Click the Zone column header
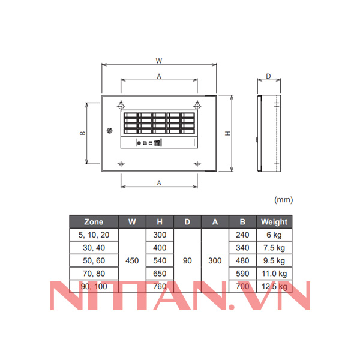tap(94, 221)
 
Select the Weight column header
tap(274, 221)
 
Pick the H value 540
tap(160, 261)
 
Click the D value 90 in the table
tap(187, 261)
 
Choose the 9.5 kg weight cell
tap(274, 261)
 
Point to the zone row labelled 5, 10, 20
tap(94, 235)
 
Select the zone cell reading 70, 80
tap(94, 274)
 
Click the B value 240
tap(242, 235)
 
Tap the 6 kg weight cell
tap(274, 235)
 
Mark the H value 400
tap(160, 248)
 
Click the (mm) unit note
tap(283, 199)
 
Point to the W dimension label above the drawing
tap(158, 61)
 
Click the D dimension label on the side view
tap(268, 76)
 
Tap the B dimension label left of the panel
tap(83, 133)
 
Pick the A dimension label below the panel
tap(158, 182)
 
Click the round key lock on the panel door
tap(109, 131)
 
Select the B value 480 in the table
tap(242, 261)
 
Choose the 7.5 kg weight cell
tap(274, 248)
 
